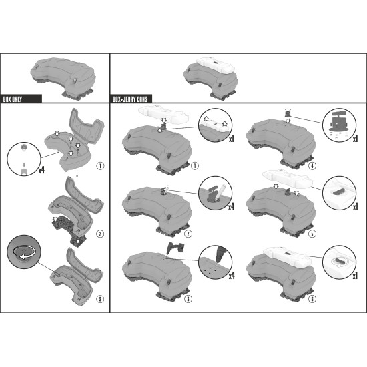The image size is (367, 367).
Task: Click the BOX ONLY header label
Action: [x=13, y=99]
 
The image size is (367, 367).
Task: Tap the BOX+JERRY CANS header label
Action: [x=130, y=99]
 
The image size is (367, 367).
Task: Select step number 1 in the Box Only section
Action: [x=100, y=166]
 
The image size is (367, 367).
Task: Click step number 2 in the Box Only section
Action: [x=100, y=234]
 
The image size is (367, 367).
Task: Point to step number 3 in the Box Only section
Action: [x=100, y=299]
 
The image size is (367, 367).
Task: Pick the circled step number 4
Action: [x=312, y=166]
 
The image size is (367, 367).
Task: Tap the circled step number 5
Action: [x=312, y=234]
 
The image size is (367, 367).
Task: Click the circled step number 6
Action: [x=312, y=299]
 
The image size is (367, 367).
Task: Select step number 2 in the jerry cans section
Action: [x=188, y=234]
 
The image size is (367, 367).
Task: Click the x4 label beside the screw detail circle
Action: [x=41, y=170]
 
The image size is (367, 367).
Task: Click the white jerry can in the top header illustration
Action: [x=215, y=65]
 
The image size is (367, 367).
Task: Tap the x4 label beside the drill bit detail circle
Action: [x=232, y=276]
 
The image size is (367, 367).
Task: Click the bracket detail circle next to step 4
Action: [x=339, y=125]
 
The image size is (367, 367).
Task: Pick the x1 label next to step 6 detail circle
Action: [x=355, y=276]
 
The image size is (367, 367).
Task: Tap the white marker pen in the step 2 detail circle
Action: [x=220, y=192]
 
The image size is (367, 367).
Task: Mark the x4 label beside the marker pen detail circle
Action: [x=232, y=206]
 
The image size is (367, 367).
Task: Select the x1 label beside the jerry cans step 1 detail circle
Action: [x=232, y=139]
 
